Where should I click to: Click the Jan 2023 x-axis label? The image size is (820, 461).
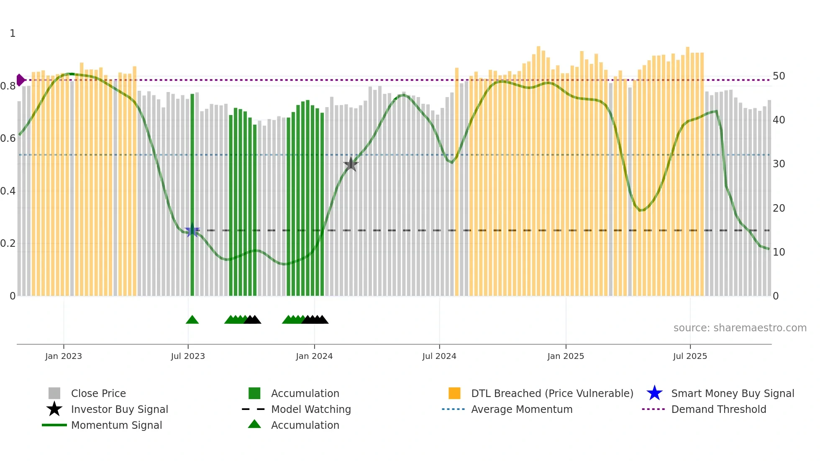tap(64, 356)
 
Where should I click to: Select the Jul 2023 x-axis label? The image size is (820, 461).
tap(188, 356)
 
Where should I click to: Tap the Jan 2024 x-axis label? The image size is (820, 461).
tap(314, 356)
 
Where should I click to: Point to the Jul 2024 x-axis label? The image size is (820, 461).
tap(439, 356)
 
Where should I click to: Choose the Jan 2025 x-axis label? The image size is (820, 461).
tap(566, 356)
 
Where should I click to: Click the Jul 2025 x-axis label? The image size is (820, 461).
tap(690, 356)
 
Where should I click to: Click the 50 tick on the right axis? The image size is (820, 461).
tap(779, 76)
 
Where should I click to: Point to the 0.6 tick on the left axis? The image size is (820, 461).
tap(8, 138)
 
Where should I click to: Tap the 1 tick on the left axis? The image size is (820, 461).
tap(13, 33)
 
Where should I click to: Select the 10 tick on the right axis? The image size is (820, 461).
tap(779, 252)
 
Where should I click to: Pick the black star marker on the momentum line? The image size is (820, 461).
tap(351, 164)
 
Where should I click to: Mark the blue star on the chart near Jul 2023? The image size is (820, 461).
tap(192, 230)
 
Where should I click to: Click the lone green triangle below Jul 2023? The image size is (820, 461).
tap(192, 320)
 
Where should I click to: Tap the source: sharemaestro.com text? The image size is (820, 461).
tap(740, 328)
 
